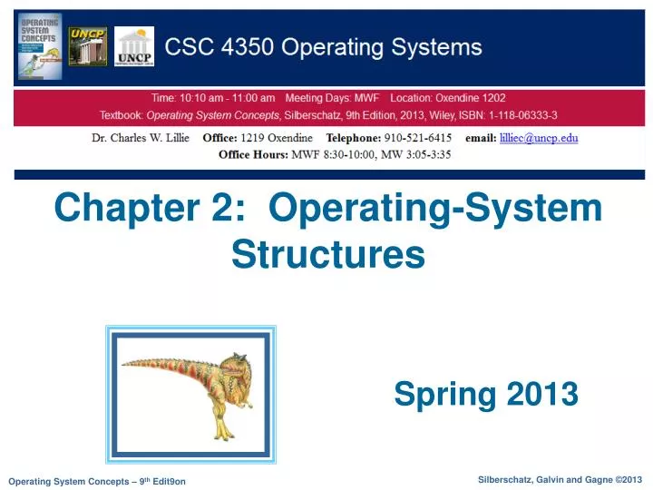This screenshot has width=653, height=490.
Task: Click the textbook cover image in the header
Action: [x=40, y=46]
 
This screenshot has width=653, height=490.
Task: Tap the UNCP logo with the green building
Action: [x=88, y=47]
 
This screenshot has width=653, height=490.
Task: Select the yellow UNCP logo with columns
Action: [x=135, y=47]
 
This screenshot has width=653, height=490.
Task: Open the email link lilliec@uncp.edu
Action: [x=541, y=138]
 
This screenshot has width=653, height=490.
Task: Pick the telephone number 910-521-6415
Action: [x=412, y=138]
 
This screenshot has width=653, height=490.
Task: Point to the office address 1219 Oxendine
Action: [x=277, y=138]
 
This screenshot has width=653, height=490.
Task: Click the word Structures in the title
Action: [x=328, y=254]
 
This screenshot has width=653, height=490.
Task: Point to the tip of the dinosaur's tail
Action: [x=122, y=365]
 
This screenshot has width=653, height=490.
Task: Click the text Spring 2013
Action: [x=486, y=393]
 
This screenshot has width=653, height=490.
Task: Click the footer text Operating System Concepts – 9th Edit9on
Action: [x=96, y=481]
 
